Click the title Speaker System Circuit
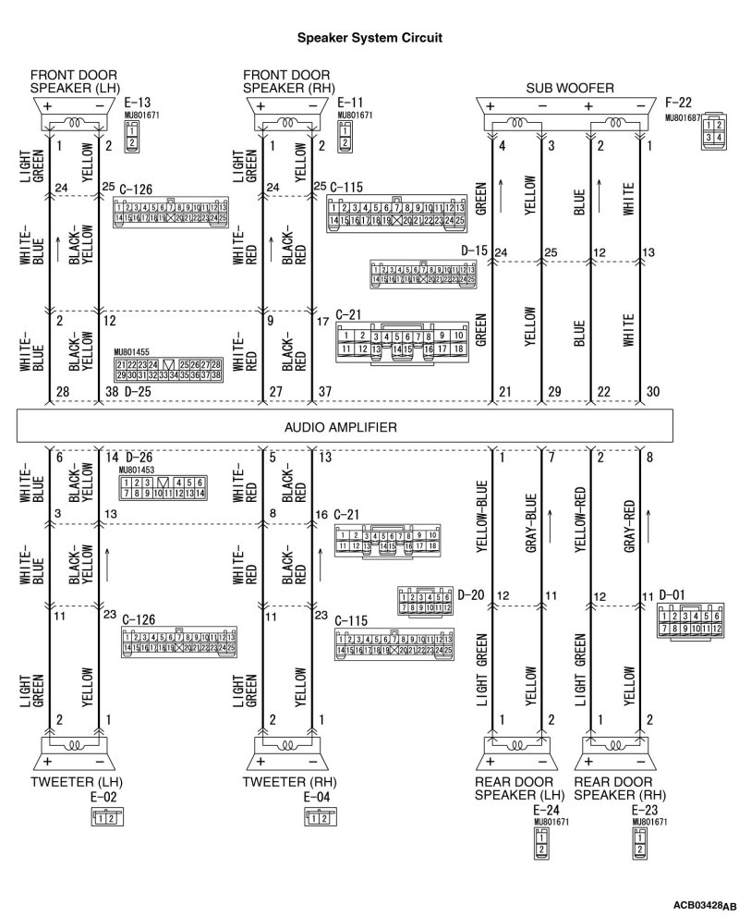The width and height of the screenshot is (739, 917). click(x=369, y=39)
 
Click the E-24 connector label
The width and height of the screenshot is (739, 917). click(x=548, y=810)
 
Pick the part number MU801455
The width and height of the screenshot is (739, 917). click(x=130, y=352)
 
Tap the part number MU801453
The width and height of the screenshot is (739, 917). click(x=138, y=469)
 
